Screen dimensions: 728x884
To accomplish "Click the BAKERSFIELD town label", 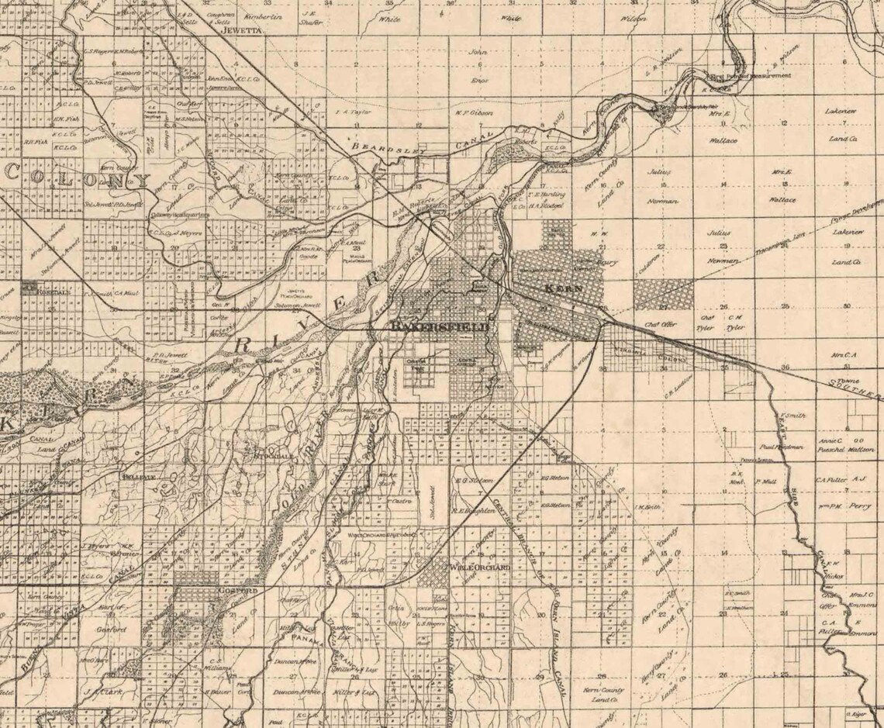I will pos(440,327).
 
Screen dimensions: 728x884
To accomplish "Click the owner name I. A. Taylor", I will pos(348,111).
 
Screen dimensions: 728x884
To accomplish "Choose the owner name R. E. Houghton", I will pos(468,510).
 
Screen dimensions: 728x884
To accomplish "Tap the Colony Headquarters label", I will pos(185,215).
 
